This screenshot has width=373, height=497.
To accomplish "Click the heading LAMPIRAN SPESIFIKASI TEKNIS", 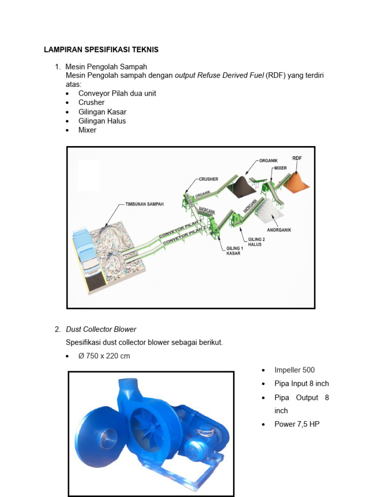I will point(101,50).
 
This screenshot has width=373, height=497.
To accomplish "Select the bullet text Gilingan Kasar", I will point(102,112).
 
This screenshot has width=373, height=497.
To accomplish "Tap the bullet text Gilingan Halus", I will point(102,121).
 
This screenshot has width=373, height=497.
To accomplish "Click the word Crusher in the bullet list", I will point(91,102).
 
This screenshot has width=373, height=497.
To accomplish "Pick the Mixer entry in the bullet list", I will point(87,130).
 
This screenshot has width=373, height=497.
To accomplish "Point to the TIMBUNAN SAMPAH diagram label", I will point(144,204).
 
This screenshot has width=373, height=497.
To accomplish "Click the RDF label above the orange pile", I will point(297,158).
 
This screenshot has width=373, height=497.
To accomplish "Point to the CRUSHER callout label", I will point(208,179).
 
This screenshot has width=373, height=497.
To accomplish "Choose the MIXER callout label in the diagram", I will point(280,168).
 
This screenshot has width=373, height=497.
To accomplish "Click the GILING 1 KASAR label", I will point(234,251).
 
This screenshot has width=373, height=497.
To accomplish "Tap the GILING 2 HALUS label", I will point(256,242).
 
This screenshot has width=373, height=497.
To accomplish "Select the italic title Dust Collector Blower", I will point(101,330).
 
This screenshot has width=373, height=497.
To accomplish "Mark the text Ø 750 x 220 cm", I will point(104,356).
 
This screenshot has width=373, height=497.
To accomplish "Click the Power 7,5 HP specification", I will point(297,424).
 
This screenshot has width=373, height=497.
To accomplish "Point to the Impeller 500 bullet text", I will point(294,370).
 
